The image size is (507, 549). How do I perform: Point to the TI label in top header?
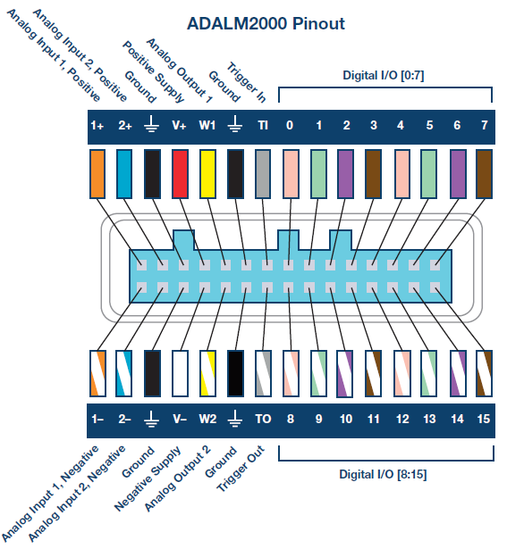point(262,125)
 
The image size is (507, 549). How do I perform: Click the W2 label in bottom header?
point(207,417)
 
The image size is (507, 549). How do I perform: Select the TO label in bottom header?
point(263,417)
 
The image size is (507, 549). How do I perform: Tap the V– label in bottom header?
point(180,417)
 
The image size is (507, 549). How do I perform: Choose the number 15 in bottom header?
point(484,417)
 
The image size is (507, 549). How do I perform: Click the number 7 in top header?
point(484,125)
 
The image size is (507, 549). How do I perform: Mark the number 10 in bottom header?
point(346,417)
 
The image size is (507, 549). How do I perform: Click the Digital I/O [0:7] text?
point(384,76)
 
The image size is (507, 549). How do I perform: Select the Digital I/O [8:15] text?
point(384,473)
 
